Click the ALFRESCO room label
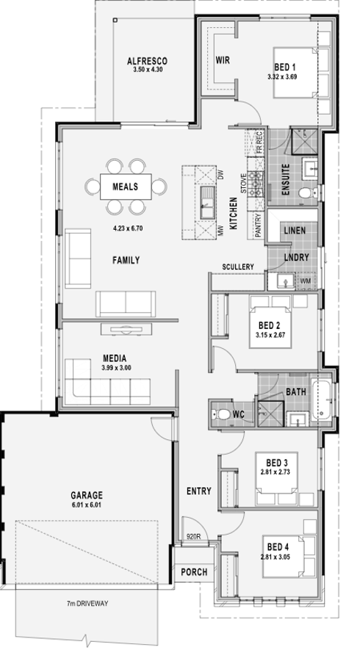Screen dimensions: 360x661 147,62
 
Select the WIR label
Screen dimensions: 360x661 223,60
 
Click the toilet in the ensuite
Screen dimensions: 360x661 308,193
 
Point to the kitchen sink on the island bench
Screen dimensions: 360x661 207,203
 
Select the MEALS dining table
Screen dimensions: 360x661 126,187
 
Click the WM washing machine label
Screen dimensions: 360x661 305,281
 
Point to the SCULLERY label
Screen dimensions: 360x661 238,267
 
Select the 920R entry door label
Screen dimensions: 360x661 193,537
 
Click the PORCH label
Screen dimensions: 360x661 194,572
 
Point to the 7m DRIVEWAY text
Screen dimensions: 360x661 87,604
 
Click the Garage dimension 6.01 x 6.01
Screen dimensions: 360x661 87,505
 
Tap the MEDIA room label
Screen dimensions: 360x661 115,358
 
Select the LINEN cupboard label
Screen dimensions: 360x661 295,231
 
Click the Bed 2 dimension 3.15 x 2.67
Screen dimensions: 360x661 270,335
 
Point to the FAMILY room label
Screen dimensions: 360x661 126,261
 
